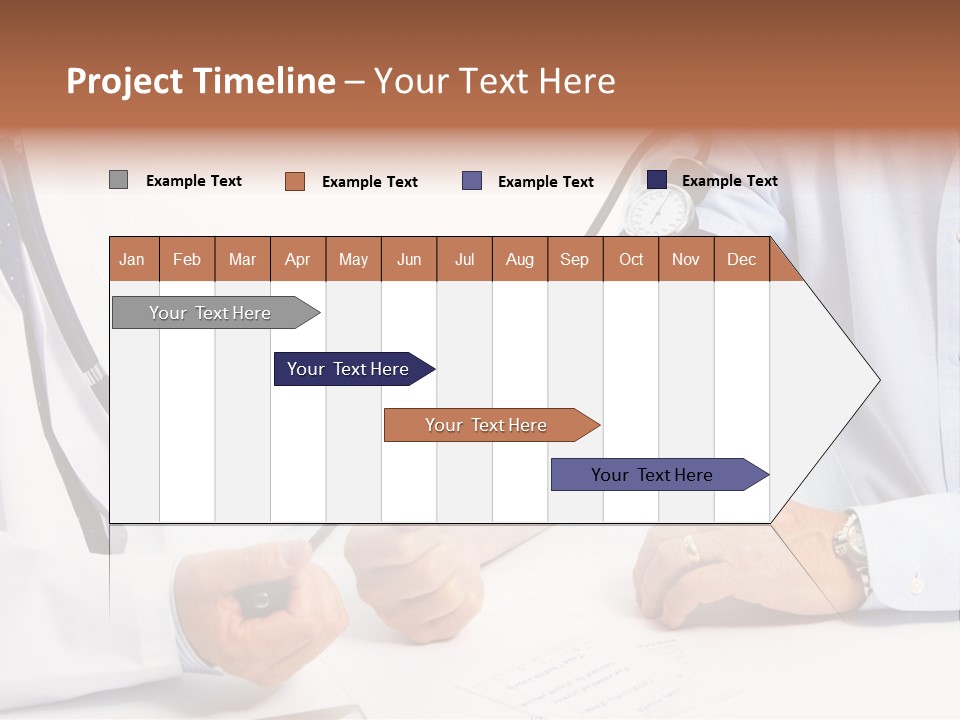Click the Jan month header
tap(133, 259)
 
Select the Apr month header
tap(298, 259)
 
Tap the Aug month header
tap(520, 259)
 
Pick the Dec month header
tap(742, 259)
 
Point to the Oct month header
tap(631, 259)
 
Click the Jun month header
tap(409, 259)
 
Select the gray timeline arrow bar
tap(211, 313)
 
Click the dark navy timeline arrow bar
tap(349, 369)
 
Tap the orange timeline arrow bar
tap(487, 425)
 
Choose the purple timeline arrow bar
tap(653, 475)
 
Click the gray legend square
tap(118, 180)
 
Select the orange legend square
tap(294, 181)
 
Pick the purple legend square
tap(472, 181)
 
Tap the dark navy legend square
tap(657, 180)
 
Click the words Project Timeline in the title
tap(201, 81)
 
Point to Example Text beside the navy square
tap(730, 181)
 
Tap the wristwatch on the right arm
tap(851, 546)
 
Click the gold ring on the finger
tap(691, 547)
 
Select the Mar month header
tap(242, 259)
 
